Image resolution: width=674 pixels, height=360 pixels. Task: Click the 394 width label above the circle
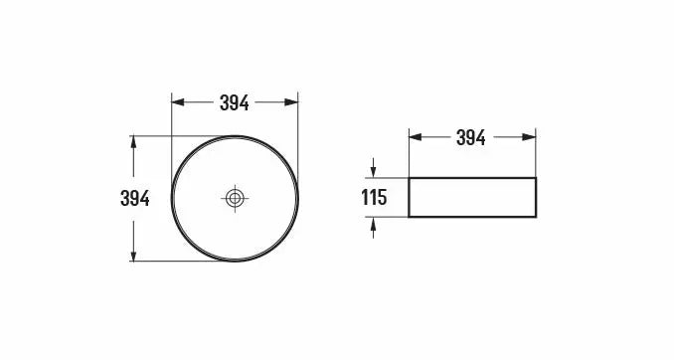click(235, 101)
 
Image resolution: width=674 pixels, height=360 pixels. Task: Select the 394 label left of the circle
click(134, 199)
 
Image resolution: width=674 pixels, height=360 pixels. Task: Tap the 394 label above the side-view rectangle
click(471, 138)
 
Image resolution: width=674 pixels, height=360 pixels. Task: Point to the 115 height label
click(373, 198)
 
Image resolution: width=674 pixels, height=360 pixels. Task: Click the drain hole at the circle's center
click(236, 199)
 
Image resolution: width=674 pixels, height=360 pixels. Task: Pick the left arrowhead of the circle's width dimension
click(177, 101)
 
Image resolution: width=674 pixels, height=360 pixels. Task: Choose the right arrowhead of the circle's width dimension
click(293, 101)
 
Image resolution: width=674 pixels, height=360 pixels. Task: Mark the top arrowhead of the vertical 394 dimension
click(134, 140)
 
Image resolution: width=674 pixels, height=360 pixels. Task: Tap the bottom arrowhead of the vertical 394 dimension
click(134, 257)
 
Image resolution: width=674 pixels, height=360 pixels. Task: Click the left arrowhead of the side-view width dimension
click(414, 138)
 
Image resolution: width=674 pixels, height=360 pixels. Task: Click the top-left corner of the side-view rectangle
click(410, 179)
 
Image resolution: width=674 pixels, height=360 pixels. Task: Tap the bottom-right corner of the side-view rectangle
click(537, 216)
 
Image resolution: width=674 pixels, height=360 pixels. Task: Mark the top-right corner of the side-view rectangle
click(537, 179)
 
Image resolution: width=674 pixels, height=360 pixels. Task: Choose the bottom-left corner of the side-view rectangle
click(410, 216)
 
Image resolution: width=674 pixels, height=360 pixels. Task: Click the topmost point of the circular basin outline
click(236, 135)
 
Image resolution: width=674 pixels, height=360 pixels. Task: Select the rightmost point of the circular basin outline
click(298, 199)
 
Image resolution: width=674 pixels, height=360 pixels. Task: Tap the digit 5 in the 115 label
click(381, 198)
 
